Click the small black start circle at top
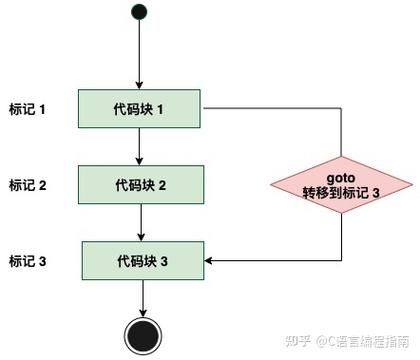tap(140, 13)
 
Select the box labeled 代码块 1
tap(140, 109)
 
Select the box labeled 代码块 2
tap(140, 185)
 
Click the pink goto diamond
tap(342, 184)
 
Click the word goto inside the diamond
tap(342, 176)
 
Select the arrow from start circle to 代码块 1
tap(140, 55)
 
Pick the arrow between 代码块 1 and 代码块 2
tap(140, 146)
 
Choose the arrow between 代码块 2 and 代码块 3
tap(140, 222)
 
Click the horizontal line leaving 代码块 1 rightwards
tap(270, 109)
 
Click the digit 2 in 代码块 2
tap(162, 185)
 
